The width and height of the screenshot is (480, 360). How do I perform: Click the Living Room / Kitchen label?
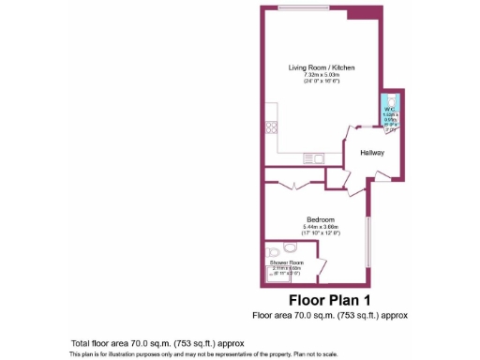point(321,67)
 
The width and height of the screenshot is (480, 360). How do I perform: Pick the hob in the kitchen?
point(271,127)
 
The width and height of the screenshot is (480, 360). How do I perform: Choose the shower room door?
point(322,269)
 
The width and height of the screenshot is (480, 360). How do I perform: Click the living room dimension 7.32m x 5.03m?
point(321,75)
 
